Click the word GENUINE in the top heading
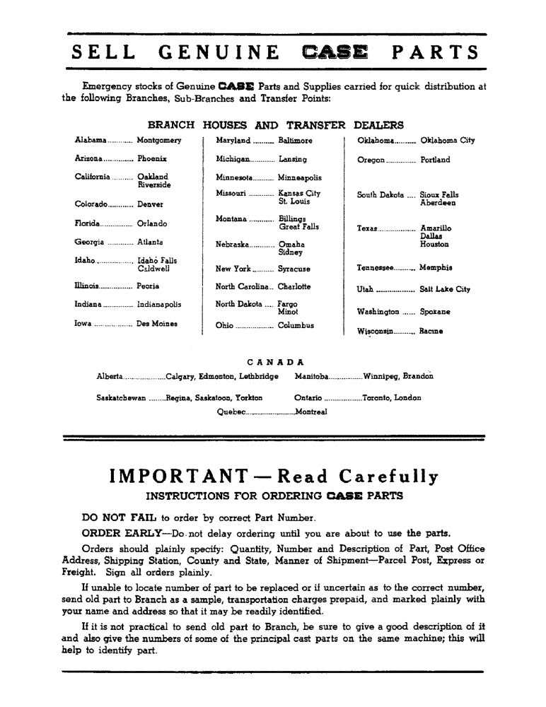pos(219,53)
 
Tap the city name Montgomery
pos(159,141)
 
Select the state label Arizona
pos(88,160)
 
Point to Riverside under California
pos(154,185)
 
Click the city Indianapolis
pos(159,305)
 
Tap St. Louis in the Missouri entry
pos(295,201)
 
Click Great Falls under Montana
pos(299,227)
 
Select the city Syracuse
pos(294,269)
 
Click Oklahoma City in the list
pos(448,141)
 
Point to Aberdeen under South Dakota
pos(438,203)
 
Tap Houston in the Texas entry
pos(434,245)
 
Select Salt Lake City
pos(445,289)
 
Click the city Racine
pos(431,330)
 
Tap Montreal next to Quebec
pos(311,412)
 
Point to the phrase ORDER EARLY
pos(115,533)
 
